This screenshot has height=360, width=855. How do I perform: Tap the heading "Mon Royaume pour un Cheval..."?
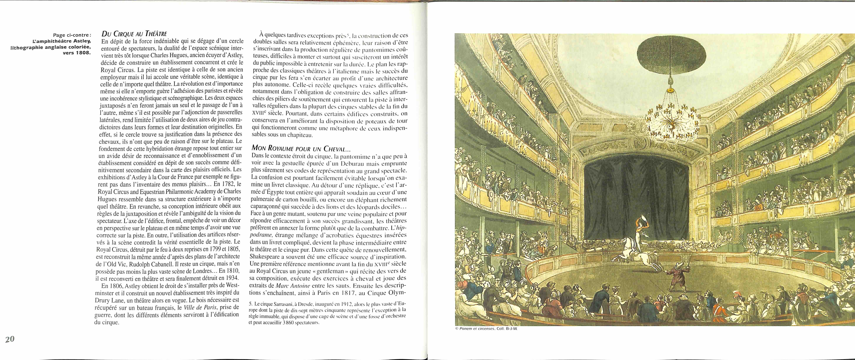tap(296, 148)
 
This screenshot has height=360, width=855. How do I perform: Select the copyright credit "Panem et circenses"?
tap(478, 329)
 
